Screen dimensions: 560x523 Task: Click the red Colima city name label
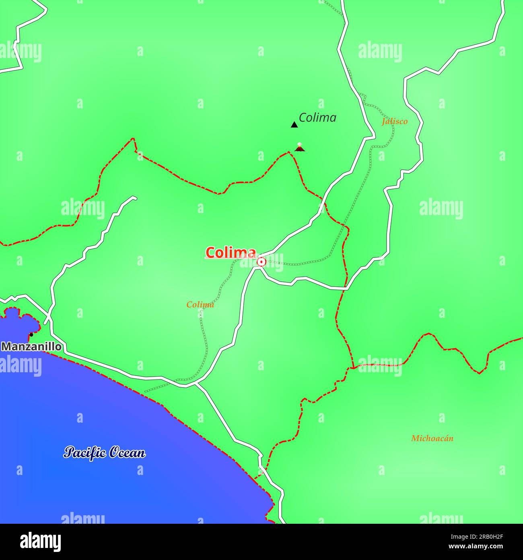231,253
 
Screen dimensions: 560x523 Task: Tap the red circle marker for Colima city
261,262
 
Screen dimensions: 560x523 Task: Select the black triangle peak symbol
294,125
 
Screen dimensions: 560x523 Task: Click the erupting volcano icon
299,147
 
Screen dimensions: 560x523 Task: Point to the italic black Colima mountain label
317,118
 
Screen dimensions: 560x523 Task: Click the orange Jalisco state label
395,121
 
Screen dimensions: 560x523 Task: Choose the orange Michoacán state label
432,438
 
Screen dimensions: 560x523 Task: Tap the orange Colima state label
200,305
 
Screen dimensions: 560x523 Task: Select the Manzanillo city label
31,346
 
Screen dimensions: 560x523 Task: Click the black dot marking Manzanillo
31,334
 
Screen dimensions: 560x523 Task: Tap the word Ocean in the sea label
127,453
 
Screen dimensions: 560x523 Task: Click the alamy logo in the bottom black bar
40,542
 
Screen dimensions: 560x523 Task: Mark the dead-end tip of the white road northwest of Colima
135,197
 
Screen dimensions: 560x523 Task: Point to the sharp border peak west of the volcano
134,139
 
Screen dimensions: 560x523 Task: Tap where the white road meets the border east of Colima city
345,288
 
